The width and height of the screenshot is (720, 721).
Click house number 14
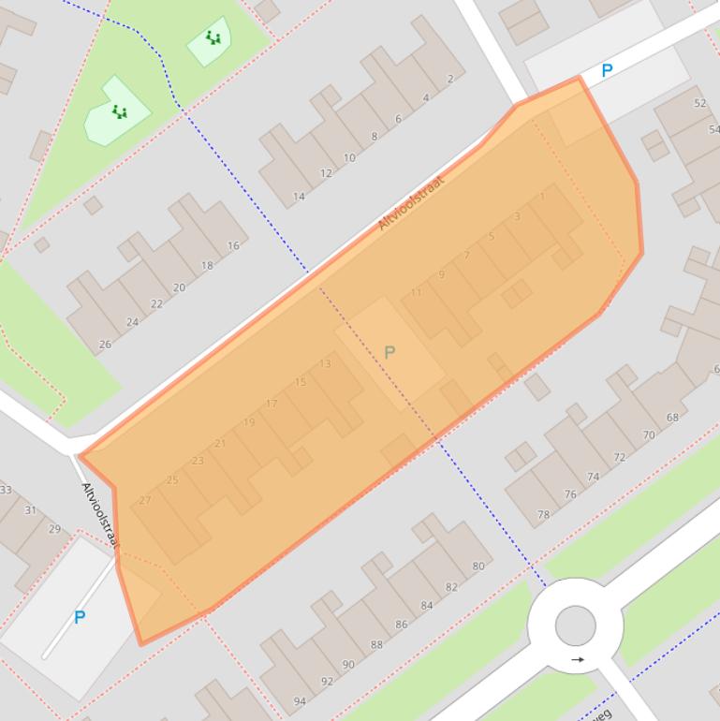tap(299, 197)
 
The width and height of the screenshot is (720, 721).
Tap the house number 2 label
tap(450, 79)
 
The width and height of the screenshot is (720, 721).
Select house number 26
tap(105, 345)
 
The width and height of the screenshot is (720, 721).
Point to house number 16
tap(233, 246)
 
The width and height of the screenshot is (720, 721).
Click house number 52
tap(699, 103)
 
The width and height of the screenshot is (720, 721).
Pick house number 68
tap(672, 418)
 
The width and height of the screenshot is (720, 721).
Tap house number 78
tap(543, 515)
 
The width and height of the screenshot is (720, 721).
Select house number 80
tap(478, 566)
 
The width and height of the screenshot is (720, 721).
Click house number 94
tap(300, 701)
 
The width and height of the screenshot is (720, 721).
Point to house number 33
tap(6, 490)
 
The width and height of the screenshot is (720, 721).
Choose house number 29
tap(54, 529)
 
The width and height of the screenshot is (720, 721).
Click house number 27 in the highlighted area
tap(144, 500)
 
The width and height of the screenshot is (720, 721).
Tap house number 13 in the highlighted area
tap(325, 364)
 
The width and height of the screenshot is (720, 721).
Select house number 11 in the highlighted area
tap(417, 292)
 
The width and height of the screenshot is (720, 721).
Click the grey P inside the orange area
tap(389, 352)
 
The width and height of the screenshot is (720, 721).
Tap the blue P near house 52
tap(607, 70)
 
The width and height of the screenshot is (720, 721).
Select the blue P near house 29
tap(80, 617)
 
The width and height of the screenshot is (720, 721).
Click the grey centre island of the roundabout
tap(575, 625)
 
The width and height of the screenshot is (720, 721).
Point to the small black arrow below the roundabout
tap(578, 659)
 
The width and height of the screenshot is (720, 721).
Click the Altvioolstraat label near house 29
tap(101, 516)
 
